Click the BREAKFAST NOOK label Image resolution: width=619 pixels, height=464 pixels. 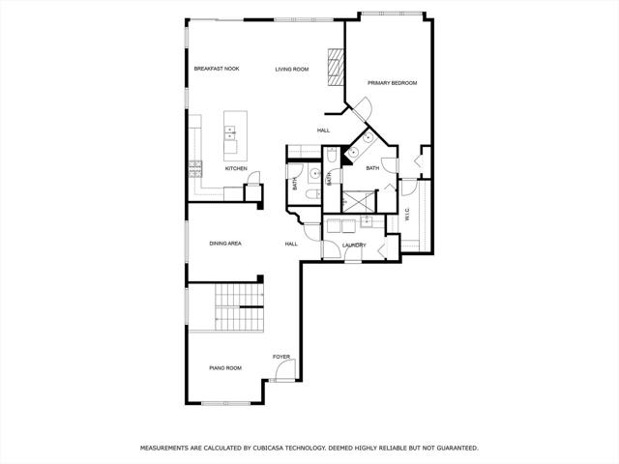217,69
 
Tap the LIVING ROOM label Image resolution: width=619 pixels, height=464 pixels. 292,70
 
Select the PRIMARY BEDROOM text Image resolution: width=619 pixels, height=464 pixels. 393,83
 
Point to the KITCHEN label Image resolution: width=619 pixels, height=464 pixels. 236,169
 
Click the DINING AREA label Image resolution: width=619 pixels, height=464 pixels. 225,244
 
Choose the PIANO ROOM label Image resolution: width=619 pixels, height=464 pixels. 225,368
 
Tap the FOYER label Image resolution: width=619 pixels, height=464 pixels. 281,357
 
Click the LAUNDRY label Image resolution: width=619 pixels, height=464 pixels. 354,246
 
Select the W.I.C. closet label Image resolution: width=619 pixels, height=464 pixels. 407,215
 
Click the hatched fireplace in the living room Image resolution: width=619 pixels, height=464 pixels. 336,67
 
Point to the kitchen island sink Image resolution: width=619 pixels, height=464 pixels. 230,132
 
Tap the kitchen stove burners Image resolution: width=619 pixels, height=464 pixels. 195,169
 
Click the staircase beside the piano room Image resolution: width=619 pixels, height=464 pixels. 240,307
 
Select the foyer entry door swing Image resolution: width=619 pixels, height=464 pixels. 285,370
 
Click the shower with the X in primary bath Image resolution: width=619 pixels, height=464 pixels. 358,202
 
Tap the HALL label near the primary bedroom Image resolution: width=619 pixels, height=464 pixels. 324,130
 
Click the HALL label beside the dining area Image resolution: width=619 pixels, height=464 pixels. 291,245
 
